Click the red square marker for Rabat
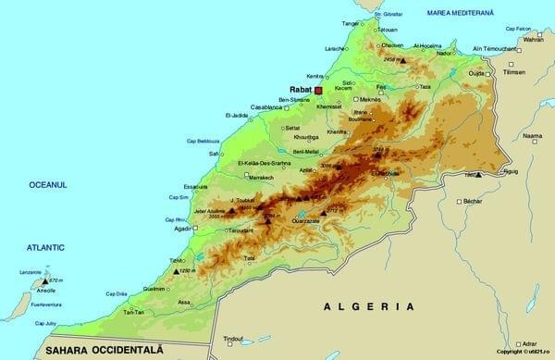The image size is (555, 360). pos(317,91)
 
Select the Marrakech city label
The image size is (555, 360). pos(255,177)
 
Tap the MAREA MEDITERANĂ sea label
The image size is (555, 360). pos(461,13)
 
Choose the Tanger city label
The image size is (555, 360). pos(350,22)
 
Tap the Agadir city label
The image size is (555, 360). pos(181,229)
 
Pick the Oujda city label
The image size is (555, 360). pos(476,72)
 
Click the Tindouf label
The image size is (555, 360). pos(233,339)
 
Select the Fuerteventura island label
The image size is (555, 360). pos(45,304)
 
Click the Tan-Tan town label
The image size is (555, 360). pos(134,312)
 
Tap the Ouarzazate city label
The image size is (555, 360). pos(305,220)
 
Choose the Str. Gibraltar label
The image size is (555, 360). pos(391,15)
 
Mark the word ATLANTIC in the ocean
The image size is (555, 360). pos(45,247)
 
